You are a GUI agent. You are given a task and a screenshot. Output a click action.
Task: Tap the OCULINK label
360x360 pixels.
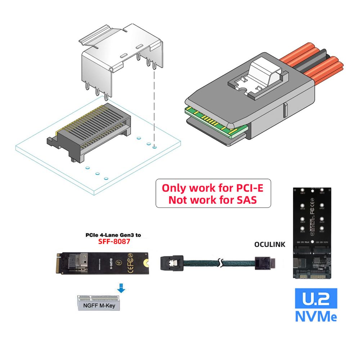tap(269, 244)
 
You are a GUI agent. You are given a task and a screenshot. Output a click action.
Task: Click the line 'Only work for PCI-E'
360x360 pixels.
tap(213, 188)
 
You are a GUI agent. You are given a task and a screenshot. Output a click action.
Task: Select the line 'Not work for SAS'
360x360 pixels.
tap(213, 200)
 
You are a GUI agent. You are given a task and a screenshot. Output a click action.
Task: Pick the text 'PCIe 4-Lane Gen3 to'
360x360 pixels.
tap(113, 235)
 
